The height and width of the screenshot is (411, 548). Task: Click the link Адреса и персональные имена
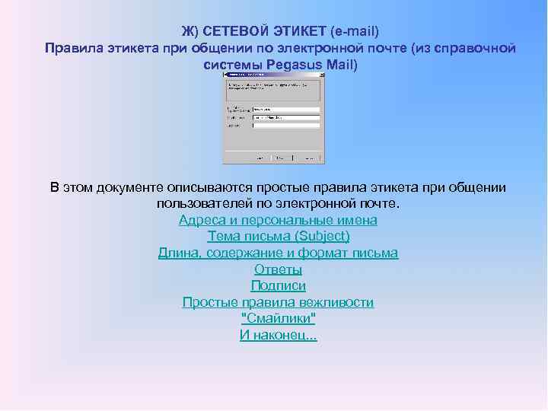coord(278,220)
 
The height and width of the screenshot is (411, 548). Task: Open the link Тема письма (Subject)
coord(278,236)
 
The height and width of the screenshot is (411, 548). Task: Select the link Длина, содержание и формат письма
coord(278,253)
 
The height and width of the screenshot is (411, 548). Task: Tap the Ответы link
coord(278,269)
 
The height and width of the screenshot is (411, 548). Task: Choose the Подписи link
coord(278,285)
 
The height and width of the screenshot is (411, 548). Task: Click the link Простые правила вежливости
coord(278,302)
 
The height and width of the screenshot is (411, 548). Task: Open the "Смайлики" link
coord(278,318)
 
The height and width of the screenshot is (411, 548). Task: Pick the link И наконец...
coord(278,335)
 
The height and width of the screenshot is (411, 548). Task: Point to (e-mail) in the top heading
coord(355,31)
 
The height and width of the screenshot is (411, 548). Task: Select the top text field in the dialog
coord(284,109)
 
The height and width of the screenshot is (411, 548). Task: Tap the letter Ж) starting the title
coord(189,31)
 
